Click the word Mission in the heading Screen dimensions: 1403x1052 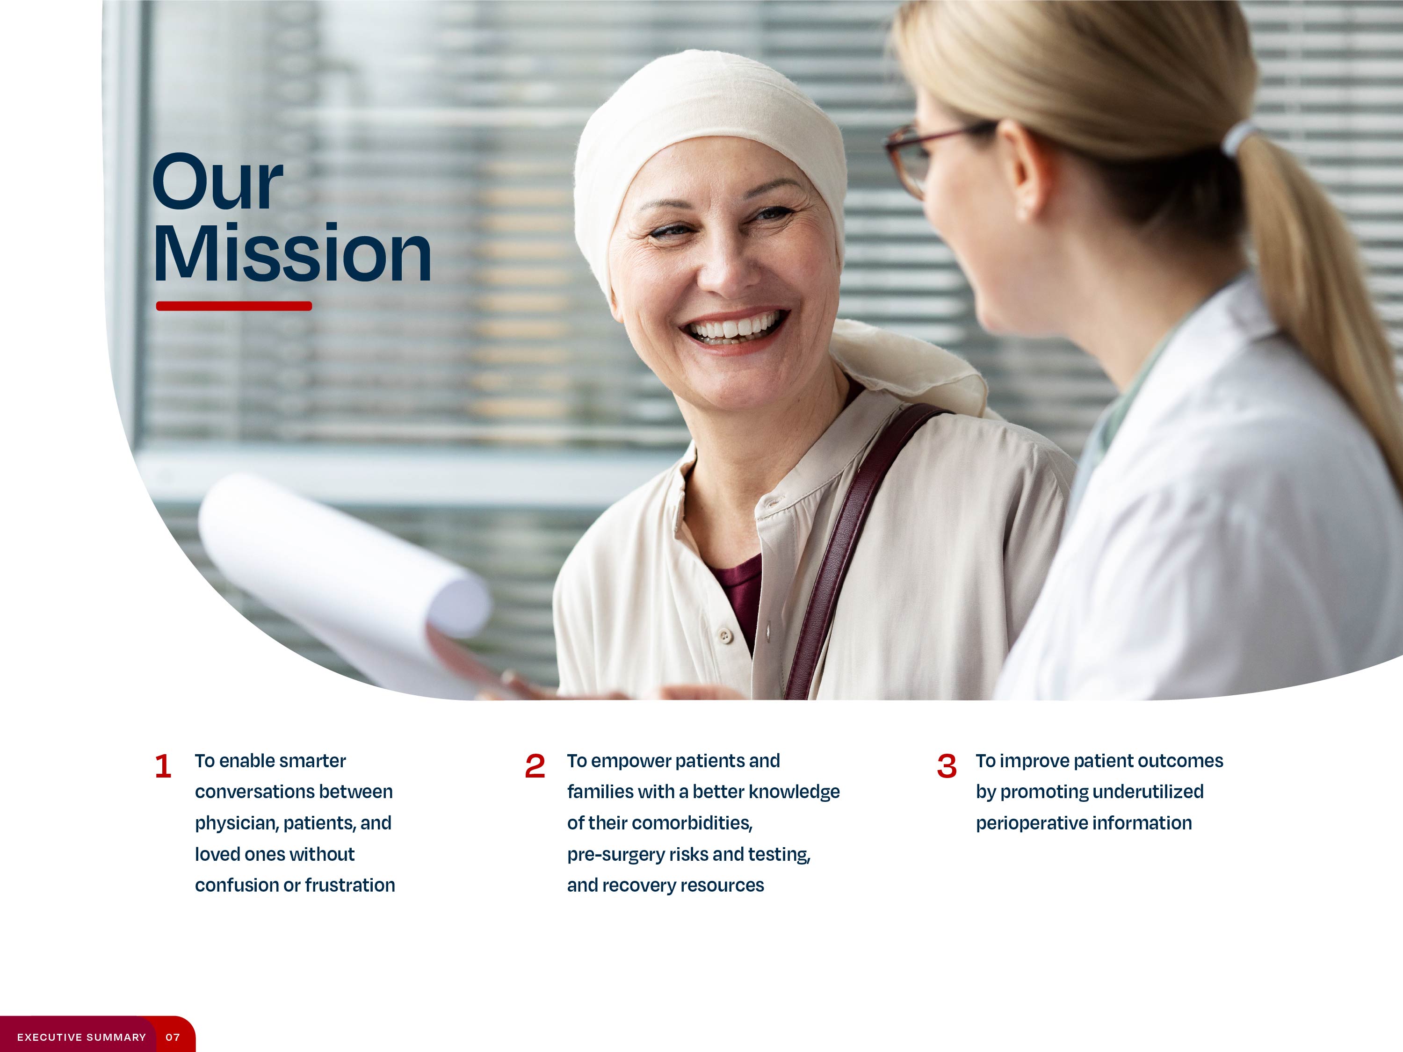[292, 253]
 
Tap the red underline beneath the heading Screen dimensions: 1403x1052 [233, 306]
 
